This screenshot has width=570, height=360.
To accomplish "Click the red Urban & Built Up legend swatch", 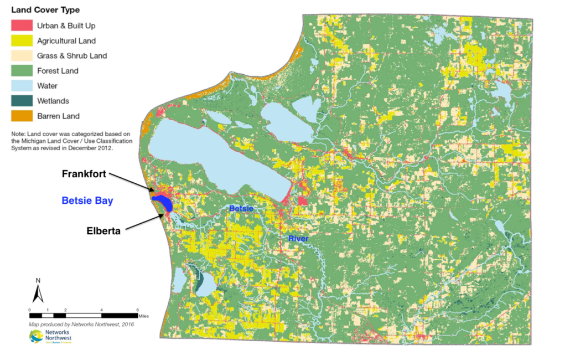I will pos(22,25).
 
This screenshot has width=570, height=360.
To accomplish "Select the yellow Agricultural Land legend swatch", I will pos(22,41).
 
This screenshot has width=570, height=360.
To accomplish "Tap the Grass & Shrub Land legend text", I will pos(72,56).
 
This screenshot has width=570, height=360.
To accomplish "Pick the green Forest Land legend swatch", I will pos(22,71).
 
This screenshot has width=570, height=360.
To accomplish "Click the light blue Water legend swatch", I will pos(22,86).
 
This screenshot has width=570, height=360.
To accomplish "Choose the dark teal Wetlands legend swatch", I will pos(22,101).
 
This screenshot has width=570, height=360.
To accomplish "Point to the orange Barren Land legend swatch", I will pos(22,116).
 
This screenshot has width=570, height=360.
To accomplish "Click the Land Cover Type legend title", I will pos(45,10).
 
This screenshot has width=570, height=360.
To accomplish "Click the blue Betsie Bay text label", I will pos(87,201).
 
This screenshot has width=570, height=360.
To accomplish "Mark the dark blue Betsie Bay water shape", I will pos(163,202).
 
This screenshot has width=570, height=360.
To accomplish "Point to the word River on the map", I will pos(298,239).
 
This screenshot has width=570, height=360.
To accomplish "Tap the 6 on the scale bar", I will pos(138,309).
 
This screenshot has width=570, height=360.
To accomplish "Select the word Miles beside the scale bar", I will pos(144,316).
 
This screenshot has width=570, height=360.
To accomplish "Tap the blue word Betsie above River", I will pos(241,208).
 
